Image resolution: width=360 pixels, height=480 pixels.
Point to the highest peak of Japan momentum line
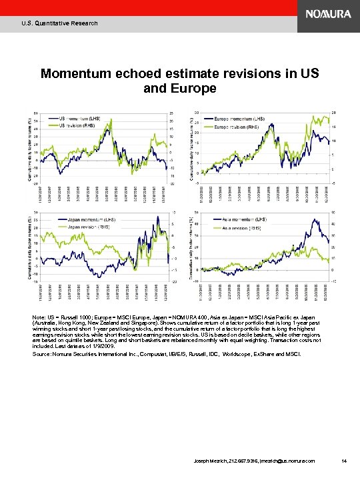[x=157, y=217]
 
